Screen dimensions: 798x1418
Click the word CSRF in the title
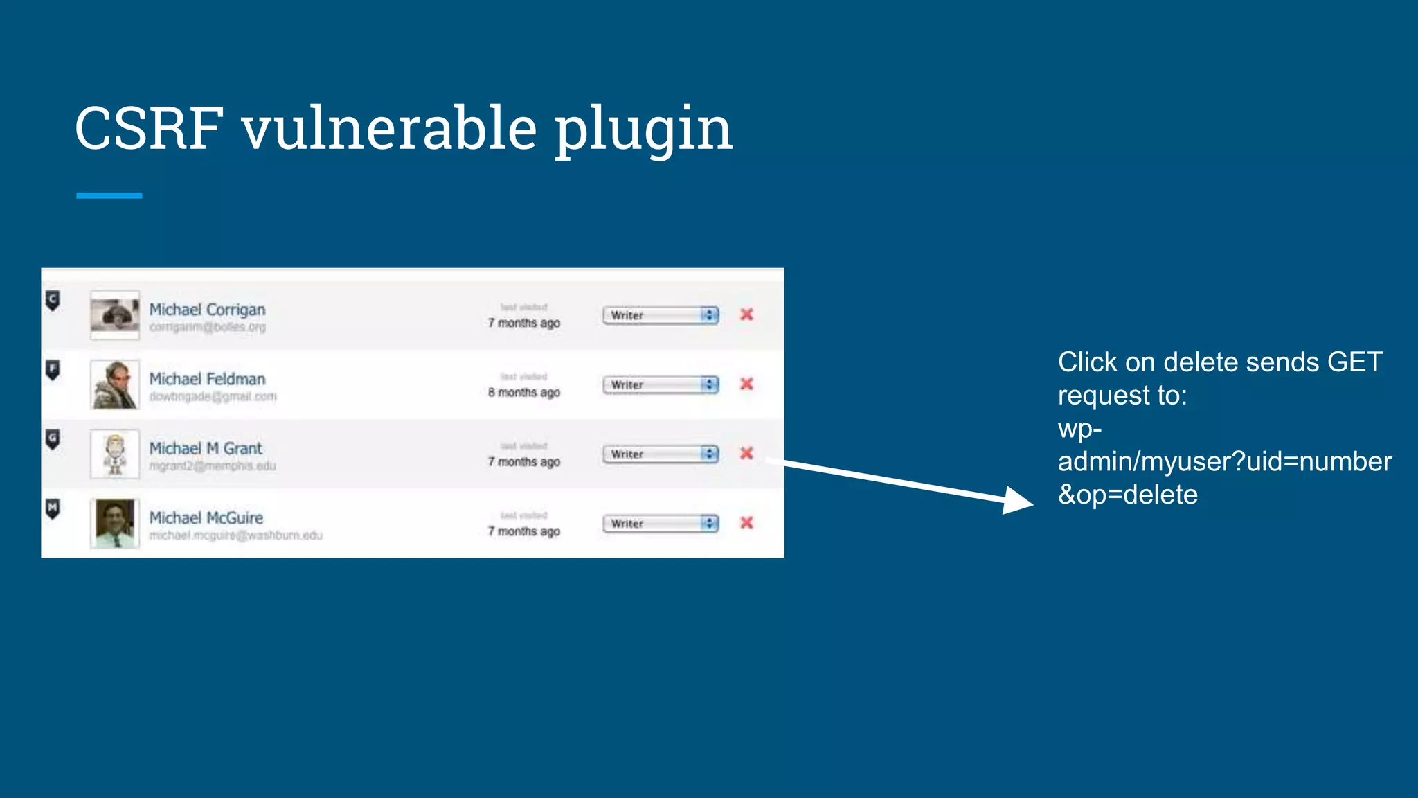point(149,128)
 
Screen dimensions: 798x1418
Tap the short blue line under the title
point(109,196)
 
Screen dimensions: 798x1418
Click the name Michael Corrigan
point(207,310)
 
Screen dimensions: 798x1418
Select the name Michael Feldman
point(207,379)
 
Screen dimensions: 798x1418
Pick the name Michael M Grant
point(206,448)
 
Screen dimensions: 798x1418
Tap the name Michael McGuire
point(206,517)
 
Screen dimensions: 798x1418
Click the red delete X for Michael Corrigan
point(746,314)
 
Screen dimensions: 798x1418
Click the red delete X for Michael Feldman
point(746,384)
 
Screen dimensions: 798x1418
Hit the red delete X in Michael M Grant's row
point(746,453)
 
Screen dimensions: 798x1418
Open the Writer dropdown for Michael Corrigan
point(661,315)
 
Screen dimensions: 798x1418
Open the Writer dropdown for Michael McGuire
point(661,524)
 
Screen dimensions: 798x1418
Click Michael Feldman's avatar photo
point(115,384)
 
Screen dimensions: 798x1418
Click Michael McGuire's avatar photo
point(115,524)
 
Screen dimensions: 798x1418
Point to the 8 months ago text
point(523,392)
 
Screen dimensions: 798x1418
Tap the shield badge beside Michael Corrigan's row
point(53,300)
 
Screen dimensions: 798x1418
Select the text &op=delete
point(1127,495)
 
